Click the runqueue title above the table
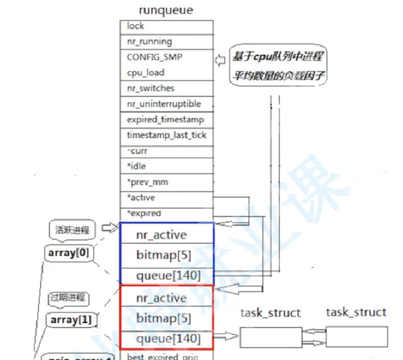tap(166, 10)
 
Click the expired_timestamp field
tap(166, 119)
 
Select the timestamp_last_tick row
tap(167, 135)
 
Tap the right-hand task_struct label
tap(356, 312)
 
